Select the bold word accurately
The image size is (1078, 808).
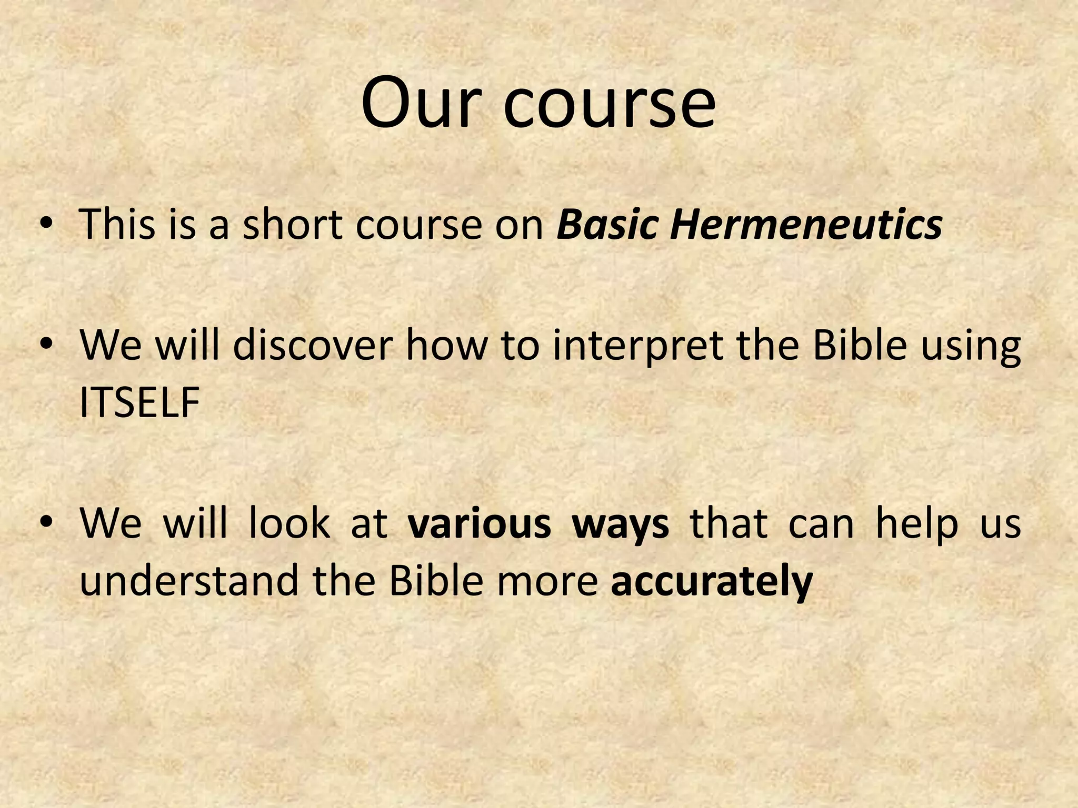[712, 582]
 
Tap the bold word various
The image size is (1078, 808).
[480, 524]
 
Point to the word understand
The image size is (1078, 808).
[189, 581]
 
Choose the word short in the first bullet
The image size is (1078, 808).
[292, 225]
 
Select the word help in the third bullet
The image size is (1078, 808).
[916, 525]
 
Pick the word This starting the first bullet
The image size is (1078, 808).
[118, 225]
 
